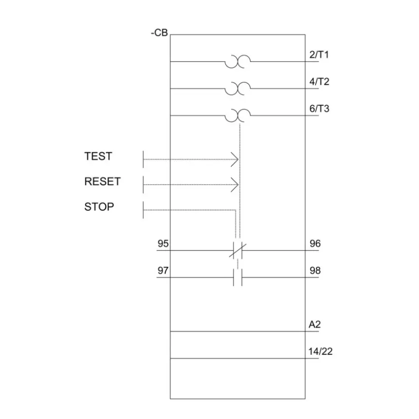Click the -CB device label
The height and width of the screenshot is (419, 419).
[x=159, y=33]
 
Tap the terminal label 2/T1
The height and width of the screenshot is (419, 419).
[x=319, y=55]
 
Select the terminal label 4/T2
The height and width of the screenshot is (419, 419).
[x=319, y=81]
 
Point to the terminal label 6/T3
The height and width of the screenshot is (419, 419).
[x=319, y=108]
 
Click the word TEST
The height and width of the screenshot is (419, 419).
[x=98, y=156]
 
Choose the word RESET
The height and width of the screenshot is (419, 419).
[x=103, y=181]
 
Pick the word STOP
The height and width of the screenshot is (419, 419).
[x=99, y=207]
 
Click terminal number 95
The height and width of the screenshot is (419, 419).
[x=163, y=244]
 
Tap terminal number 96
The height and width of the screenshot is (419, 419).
[x=315, y=244]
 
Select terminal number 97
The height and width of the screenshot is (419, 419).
[x=163, y=271]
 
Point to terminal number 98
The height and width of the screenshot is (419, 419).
[x=315, y=271]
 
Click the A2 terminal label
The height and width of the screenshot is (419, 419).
[x=314, y=324]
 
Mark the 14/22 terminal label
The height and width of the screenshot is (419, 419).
[x=320, y=351]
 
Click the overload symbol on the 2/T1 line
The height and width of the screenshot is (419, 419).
[x=238, y=62]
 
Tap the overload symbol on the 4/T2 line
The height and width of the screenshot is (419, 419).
[x=238, y=89]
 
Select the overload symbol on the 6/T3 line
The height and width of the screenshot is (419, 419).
[x=238, y=116]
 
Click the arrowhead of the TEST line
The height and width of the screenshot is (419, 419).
[x=235, y=160]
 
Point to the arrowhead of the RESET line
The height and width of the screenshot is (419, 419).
[x=235, y=185]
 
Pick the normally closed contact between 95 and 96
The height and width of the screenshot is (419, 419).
[x=238, y=250]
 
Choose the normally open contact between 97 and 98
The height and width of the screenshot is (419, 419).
[x=238, y=278]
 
